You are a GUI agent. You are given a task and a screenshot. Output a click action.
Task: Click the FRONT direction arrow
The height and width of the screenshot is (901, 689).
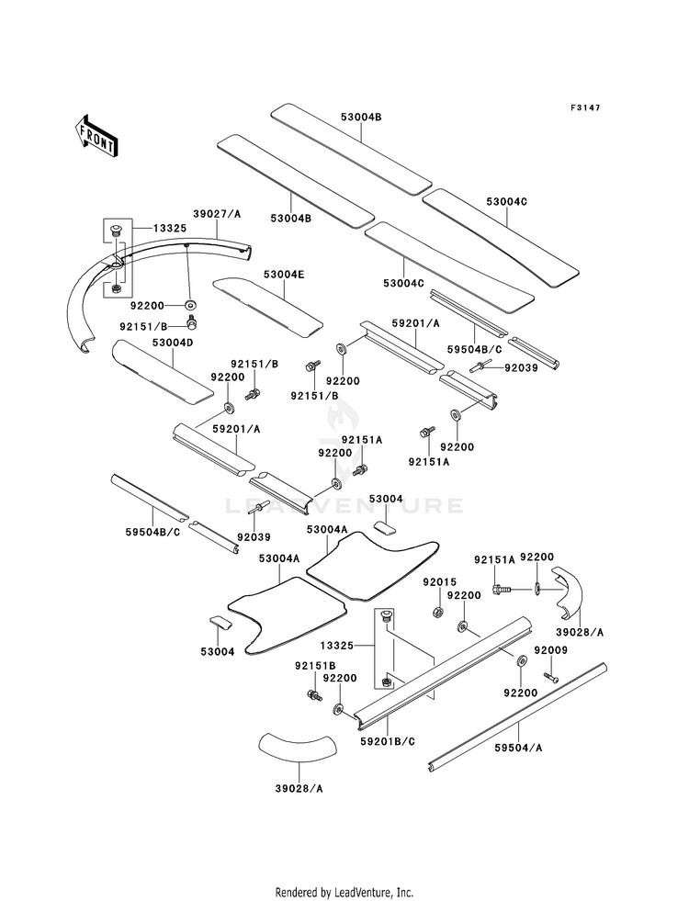point(96,137)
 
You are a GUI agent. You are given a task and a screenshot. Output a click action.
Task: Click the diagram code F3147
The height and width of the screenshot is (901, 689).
point(585,107)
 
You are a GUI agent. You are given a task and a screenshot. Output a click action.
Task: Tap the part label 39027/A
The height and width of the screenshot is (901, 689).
point(217,214)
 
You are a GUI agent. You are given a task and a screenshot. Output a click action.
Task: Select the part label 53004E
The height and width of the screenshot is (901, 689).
point(284,274)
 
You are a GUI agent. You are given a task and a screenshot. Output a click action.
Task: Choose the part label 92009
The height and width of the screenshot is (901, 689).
point(550,650)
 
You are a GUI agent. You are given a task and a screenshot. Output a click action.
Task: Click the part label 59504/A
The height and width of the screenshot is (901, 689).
point(518,748)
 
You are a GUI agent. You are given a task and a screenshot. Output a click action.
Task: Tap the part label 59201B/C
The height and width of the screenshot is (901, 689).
point(388,741)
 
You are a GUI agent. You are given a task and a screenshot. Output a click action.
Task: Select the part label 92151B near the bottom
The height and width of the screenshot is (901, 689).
point(314,665)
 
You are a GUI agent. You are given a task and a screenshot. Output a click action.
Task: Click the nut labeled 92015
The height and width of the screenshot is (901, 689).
point(436,610)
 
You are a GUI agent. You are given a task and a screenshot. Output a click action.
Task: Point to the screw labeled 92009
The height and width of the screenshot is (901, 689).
point(550,678)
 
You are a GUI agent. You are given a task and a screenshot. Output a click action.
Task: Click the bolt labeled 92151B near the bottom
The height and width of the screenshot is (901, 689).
point(314,694)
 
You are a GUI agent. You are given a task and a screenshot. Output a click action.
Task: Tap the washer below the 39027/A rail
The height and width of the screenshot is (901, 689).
point(190,303)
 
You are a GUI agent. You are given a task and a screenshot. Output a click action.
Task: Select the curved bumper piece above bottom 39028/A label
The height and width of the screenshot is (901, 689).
point(297,745)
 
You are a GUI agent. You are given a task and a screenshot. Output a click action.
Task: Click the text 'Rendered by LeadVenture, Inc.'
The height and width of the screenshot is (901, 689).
point(344,892)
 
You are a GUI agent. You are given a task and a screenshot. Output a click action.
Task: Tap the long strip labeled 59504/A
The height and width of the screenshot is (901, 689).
point(518,717)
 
